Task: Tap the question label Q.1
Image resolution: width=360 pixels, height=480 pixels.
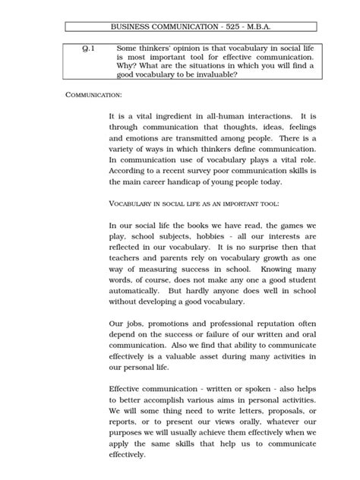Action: [x=88, y=48]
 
